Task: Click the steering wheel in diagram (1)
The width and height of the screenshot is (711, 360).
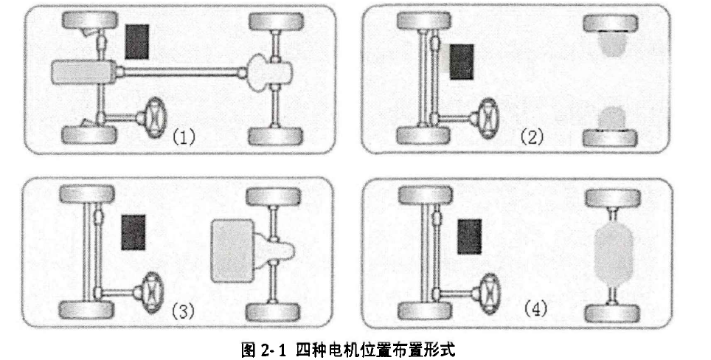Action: [x=156, y=116]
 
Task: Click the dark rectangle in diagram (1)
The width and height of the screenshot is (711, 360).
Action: [x=137, y=41]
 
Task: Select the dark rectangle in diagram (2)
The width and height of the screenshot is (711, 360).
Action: [x=462, y=62]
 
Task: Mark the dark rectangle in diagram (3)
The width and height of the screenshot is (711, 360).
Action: [x=133, y=232]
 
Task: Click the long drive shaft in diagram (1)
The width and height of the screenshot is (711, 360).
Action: [x=180, y=72]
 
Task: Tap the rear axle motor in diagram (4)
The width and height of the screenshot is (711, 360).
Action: [x=612, y=252]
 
